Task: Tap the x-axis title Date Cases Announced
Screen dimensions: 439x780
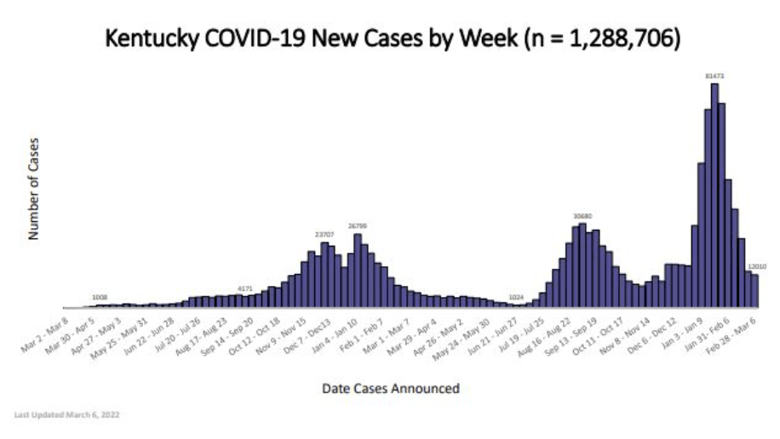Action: coord(391,389)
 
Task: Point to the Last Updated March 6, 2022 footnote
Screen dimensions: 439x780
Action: coord(67,415)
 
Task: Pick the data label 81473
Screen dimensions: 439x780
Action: coord(714,76)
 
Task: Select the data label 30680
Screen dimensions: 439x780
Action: coord(582,216)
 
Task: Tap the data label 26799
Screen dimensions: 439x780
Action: coord(358,226)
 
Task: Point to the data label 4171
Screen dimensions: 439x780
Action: coord(245,289)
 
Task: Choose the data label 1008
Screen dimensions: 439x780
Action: coord(100,298)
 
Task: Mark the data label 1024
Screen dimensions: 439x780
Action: coord(516,297)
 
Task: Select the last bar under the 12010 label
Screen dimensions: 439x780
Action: coord(754,290)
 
